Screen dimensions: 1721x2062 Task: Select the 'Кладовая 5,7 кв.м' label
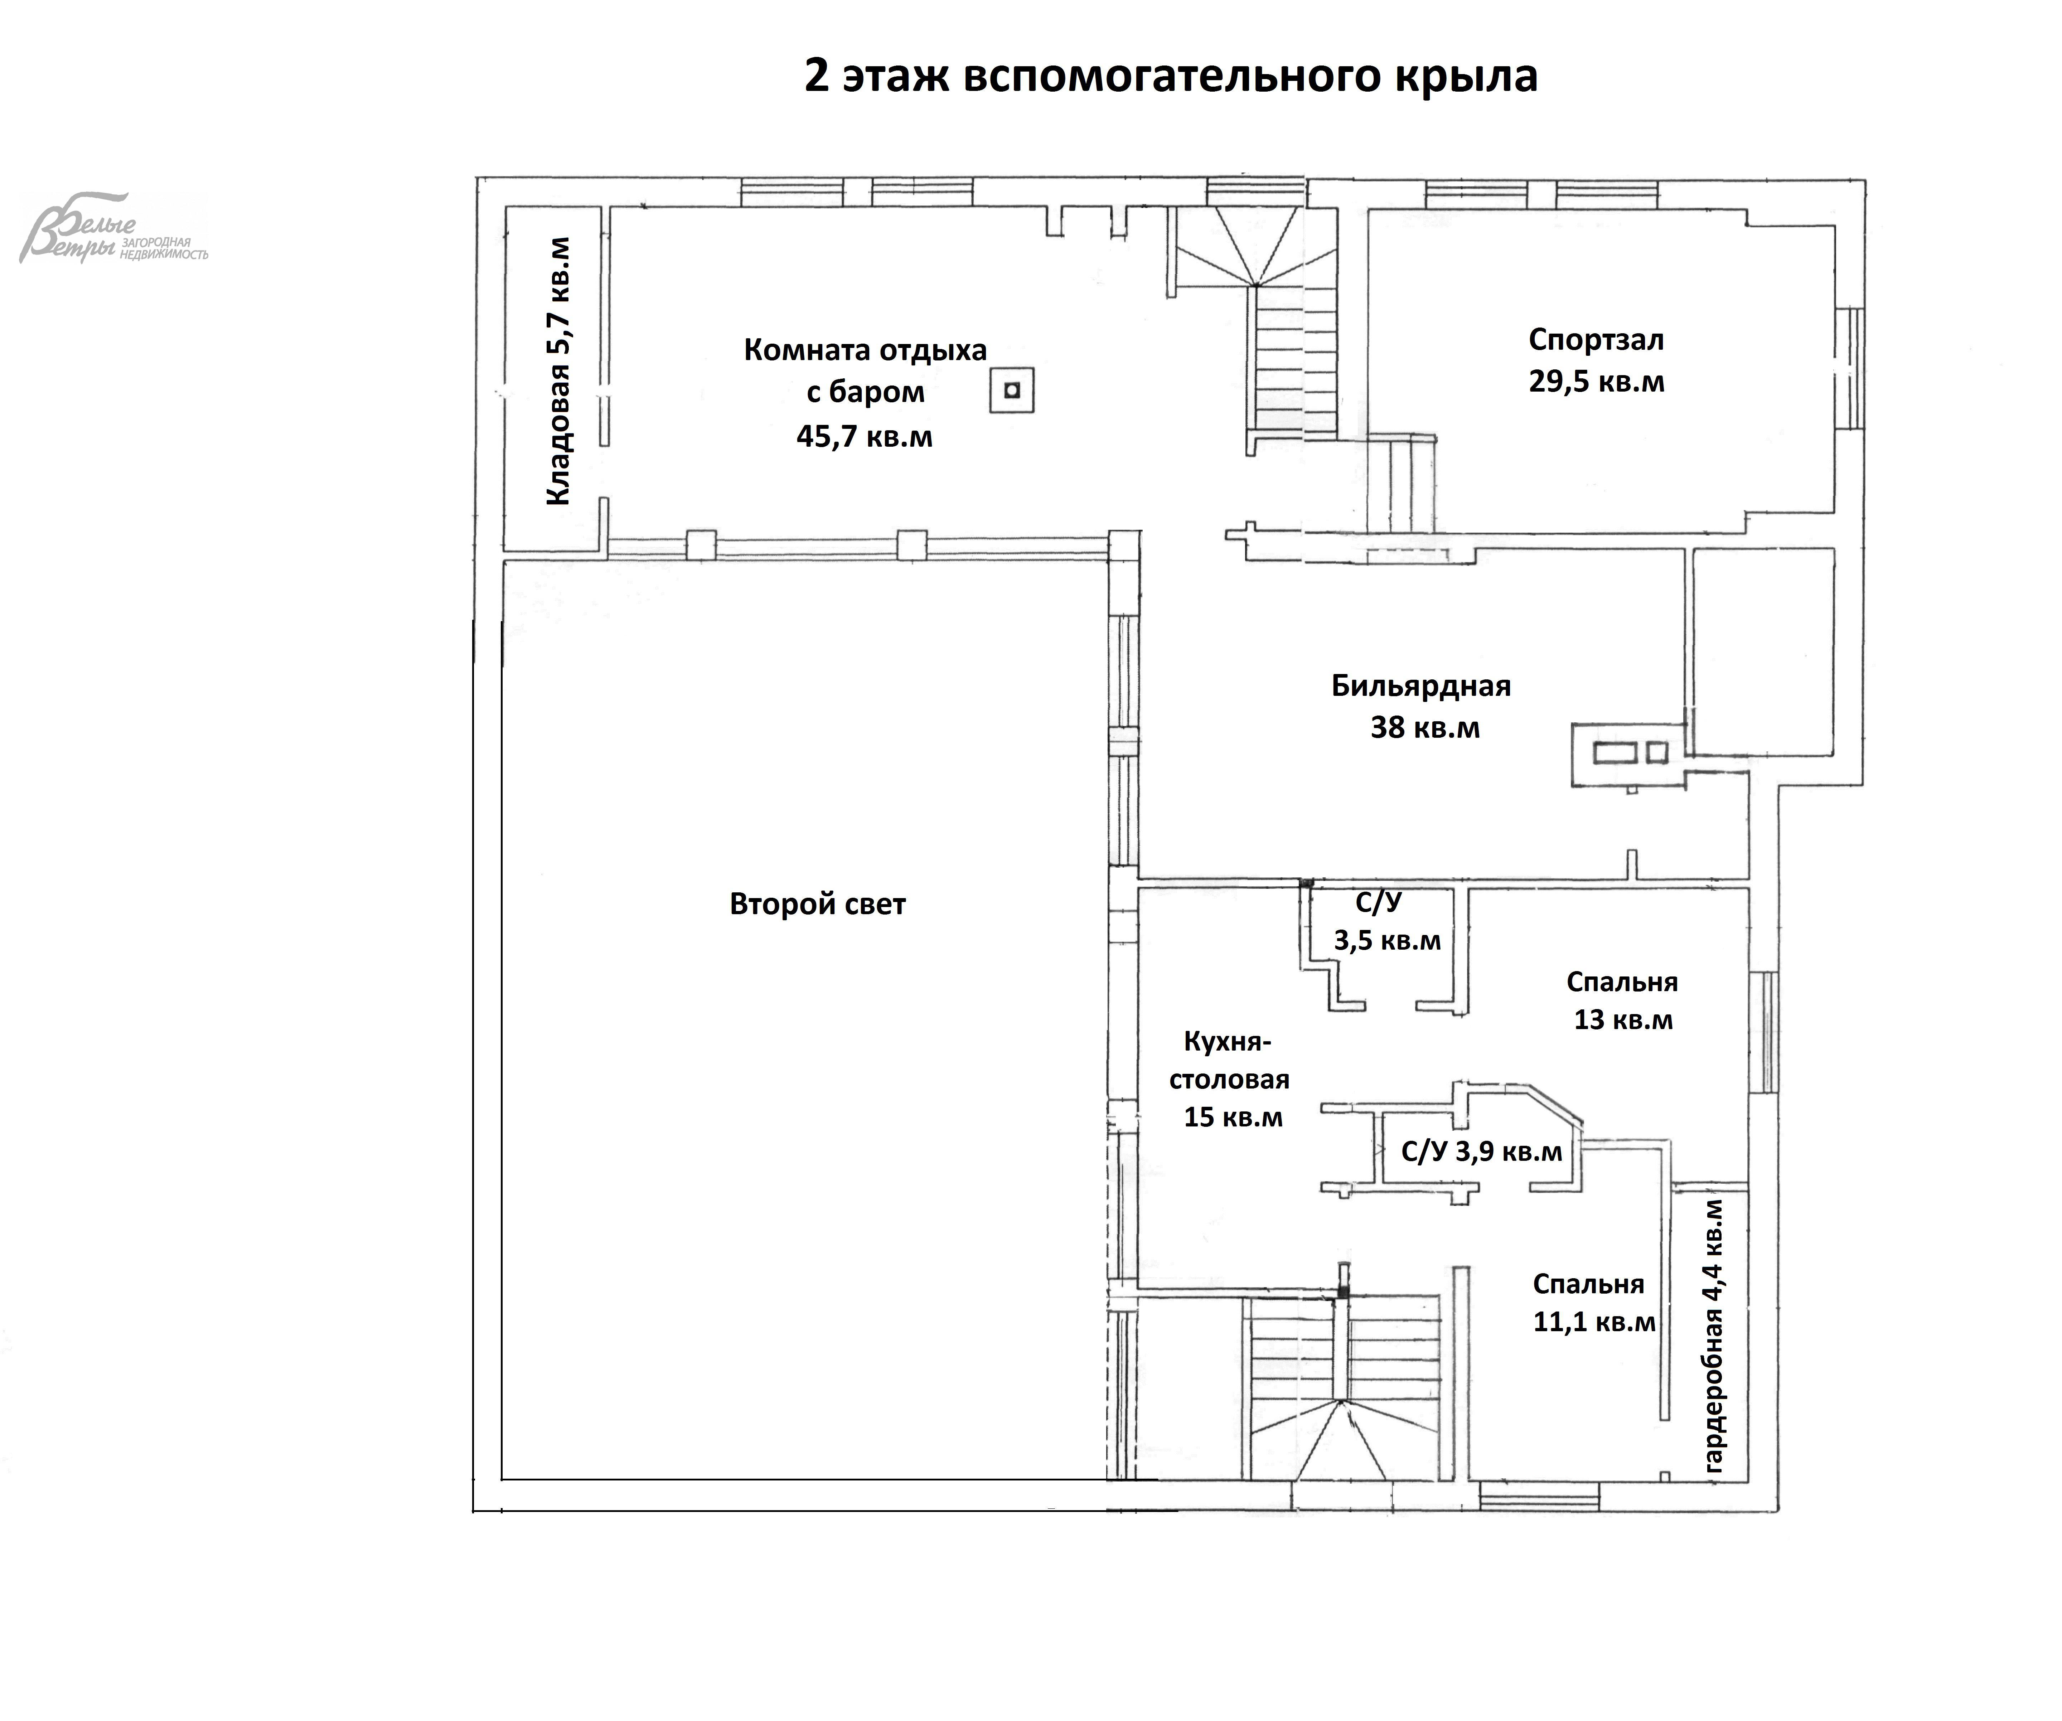(x=558, y=371)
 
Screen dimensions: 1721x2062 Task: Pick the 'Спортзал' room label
(x=1596, y=340)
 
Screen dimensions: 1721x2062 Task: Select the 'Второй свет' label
(x=817, y=904)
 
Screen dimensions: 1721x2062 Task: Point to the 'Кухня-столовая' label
(x=1229, y=1060)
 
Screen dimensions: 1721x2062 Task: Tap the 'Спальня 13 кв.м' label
(x=1622, y=1000)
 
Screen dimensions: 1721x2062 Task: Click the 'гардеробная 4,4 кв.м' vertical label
(x=1713, y=1335)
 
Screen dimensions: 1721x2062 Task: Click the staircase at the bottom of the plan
(x=1343, y=1394)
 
